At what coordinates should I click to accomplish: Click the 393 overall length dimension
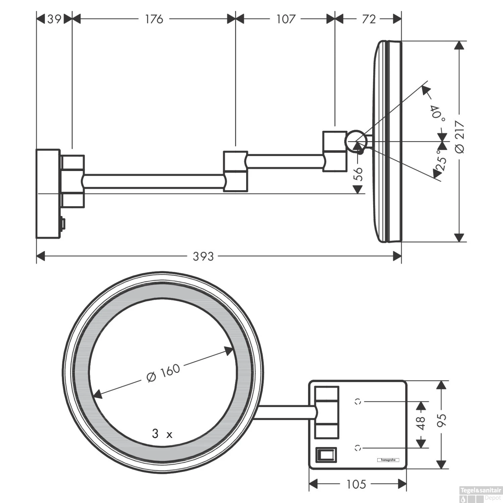[203, 257]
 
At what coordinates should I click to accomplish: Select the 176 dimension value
[154, 19]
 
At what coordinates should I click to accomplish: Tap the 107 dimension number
[286, 19]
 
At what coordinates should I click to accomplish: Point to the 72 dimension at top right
[369, 19]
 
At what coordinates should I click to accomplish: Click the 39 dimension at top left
[54, 19]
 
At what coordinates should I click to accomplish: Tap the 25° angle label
[442, 160]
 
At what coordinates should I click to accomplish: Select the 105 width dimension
[356, 484]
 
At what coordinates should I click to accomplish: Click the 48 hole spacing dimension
[421, 423]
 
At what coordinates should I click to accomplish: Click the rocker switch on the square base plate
[326, 455]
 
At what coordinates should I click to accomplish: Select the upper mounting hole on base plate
[358, 401]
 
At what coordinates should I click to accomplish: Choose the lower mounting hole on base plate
[358, 448]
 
